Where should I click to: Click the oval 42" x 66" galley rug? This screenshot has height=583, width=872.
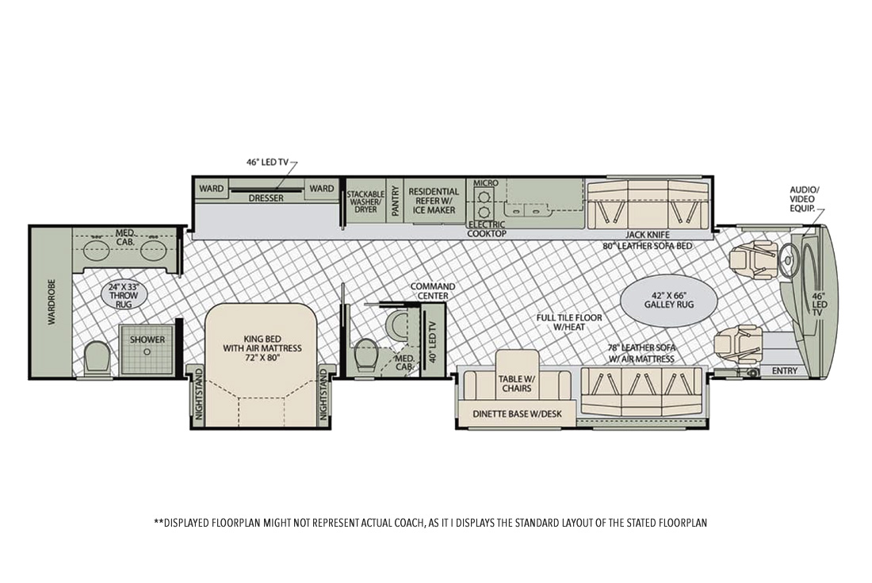point(668,299)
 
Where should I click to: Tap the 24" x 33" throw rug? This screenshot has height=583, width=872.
point(118,294)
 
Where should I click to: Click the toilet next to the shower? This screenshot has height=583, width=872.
point(97,357)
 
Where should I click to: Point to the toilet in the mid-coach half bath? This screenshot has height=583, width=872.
point(366,355)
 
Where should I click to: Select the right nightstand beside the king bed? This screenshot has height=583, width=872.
point(323,394)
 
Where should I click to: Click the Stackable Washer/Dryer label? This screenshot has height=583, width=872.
point(365,203)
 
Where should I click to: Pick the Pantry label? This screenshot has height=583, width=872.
point(395,203)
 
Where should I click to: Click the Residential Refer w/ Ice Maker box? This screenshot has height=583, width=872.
point(433,201)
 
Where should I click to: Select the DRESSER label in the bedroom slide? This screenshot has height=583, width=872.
point(266,198)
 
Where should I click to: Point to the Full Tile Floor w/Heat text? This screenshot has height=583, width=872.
point(568,324)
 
